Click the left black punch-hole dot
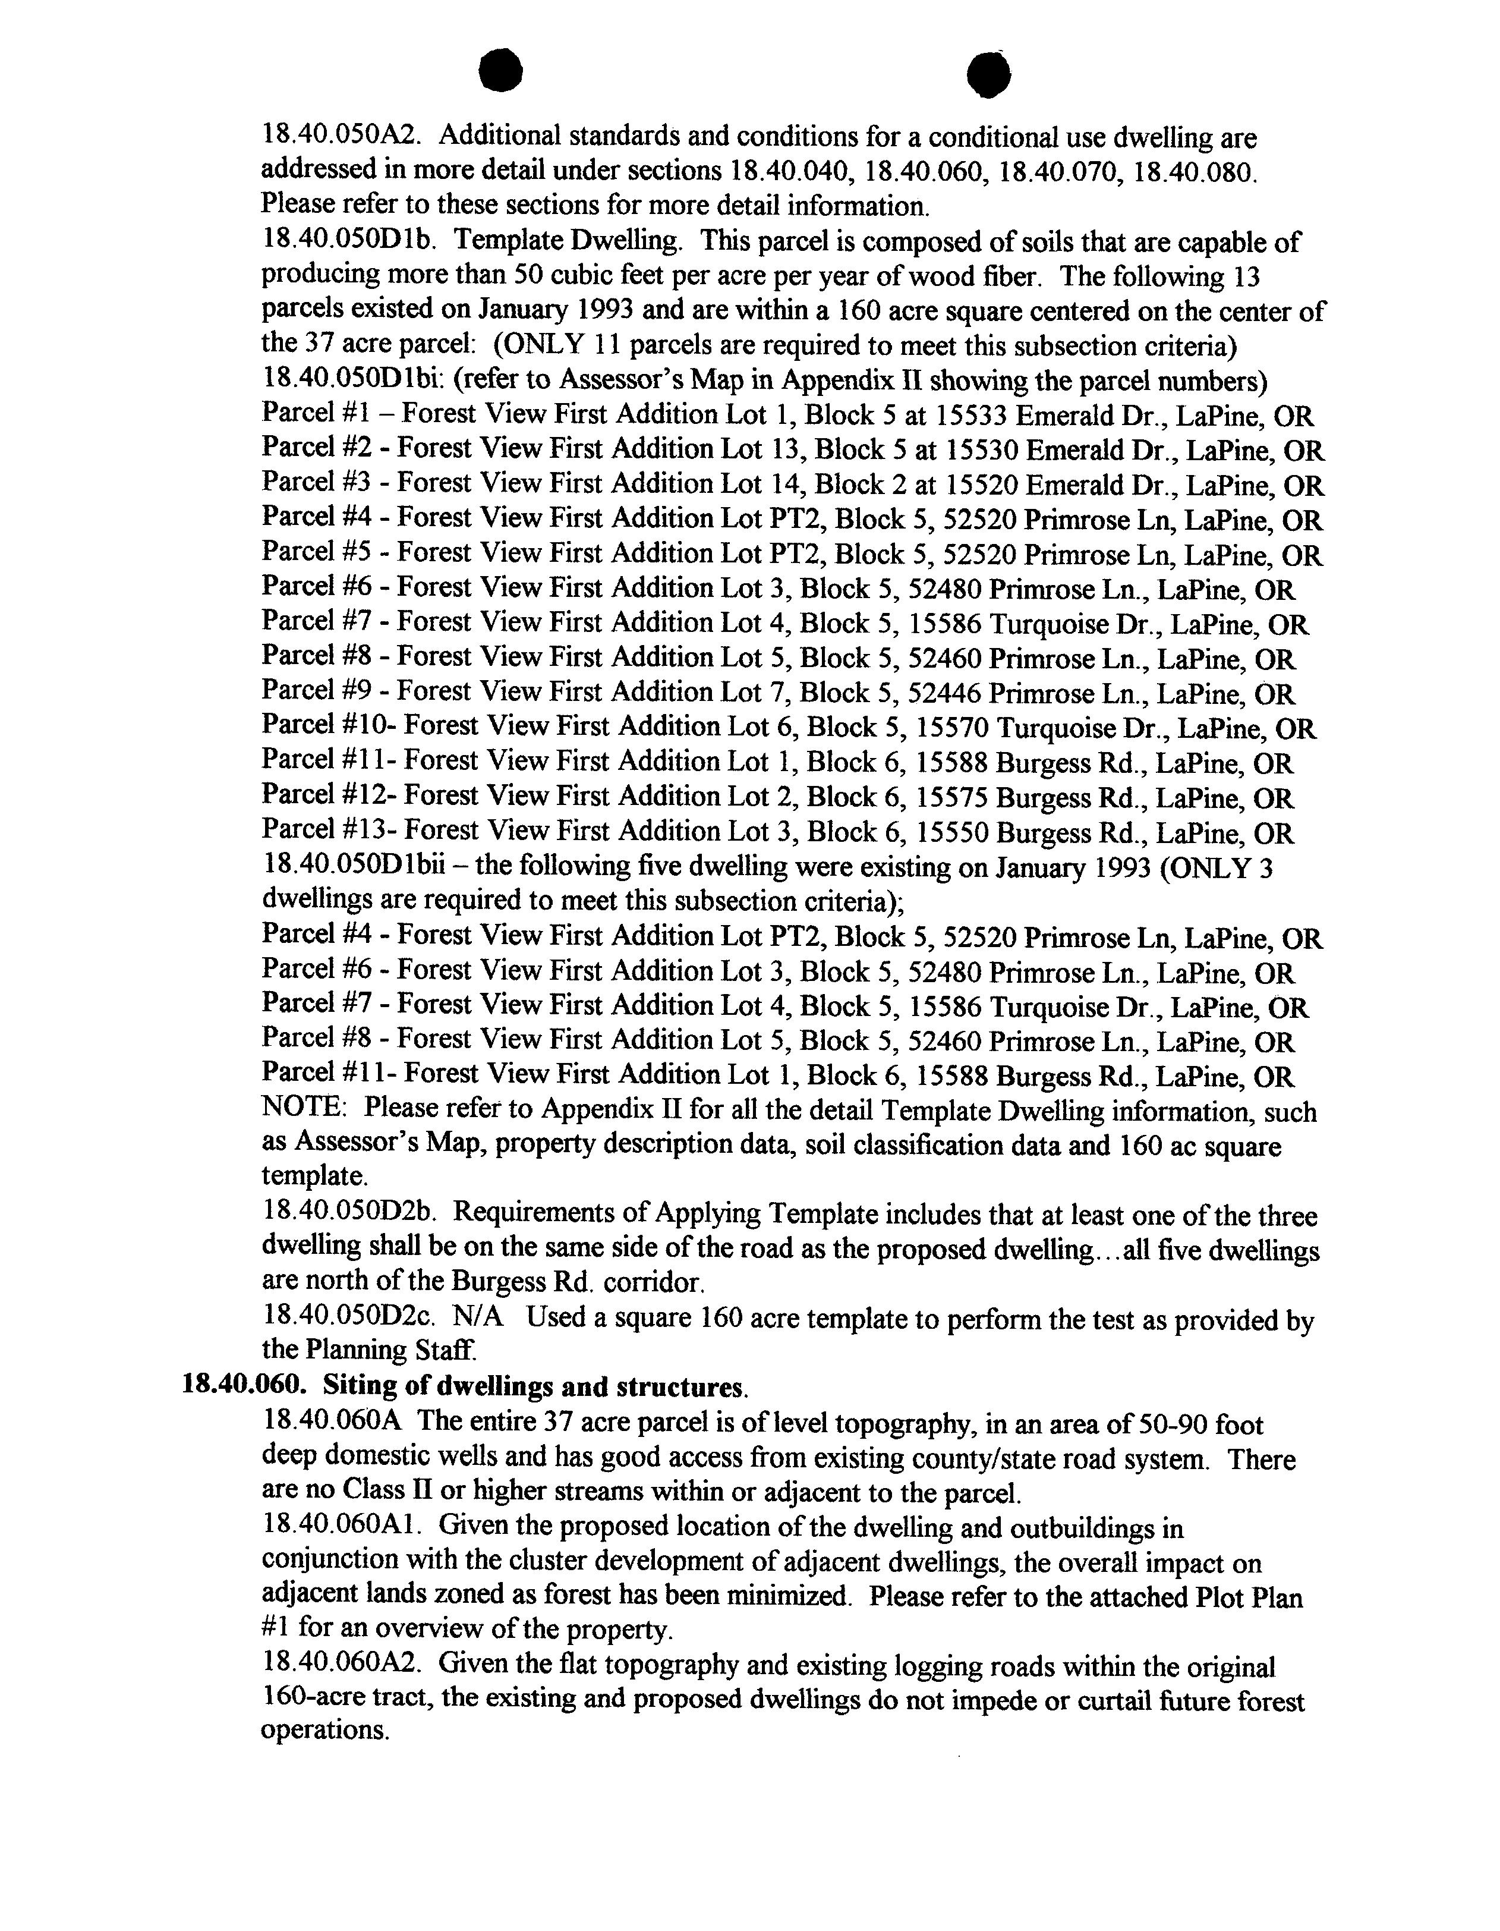point(501,71)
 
